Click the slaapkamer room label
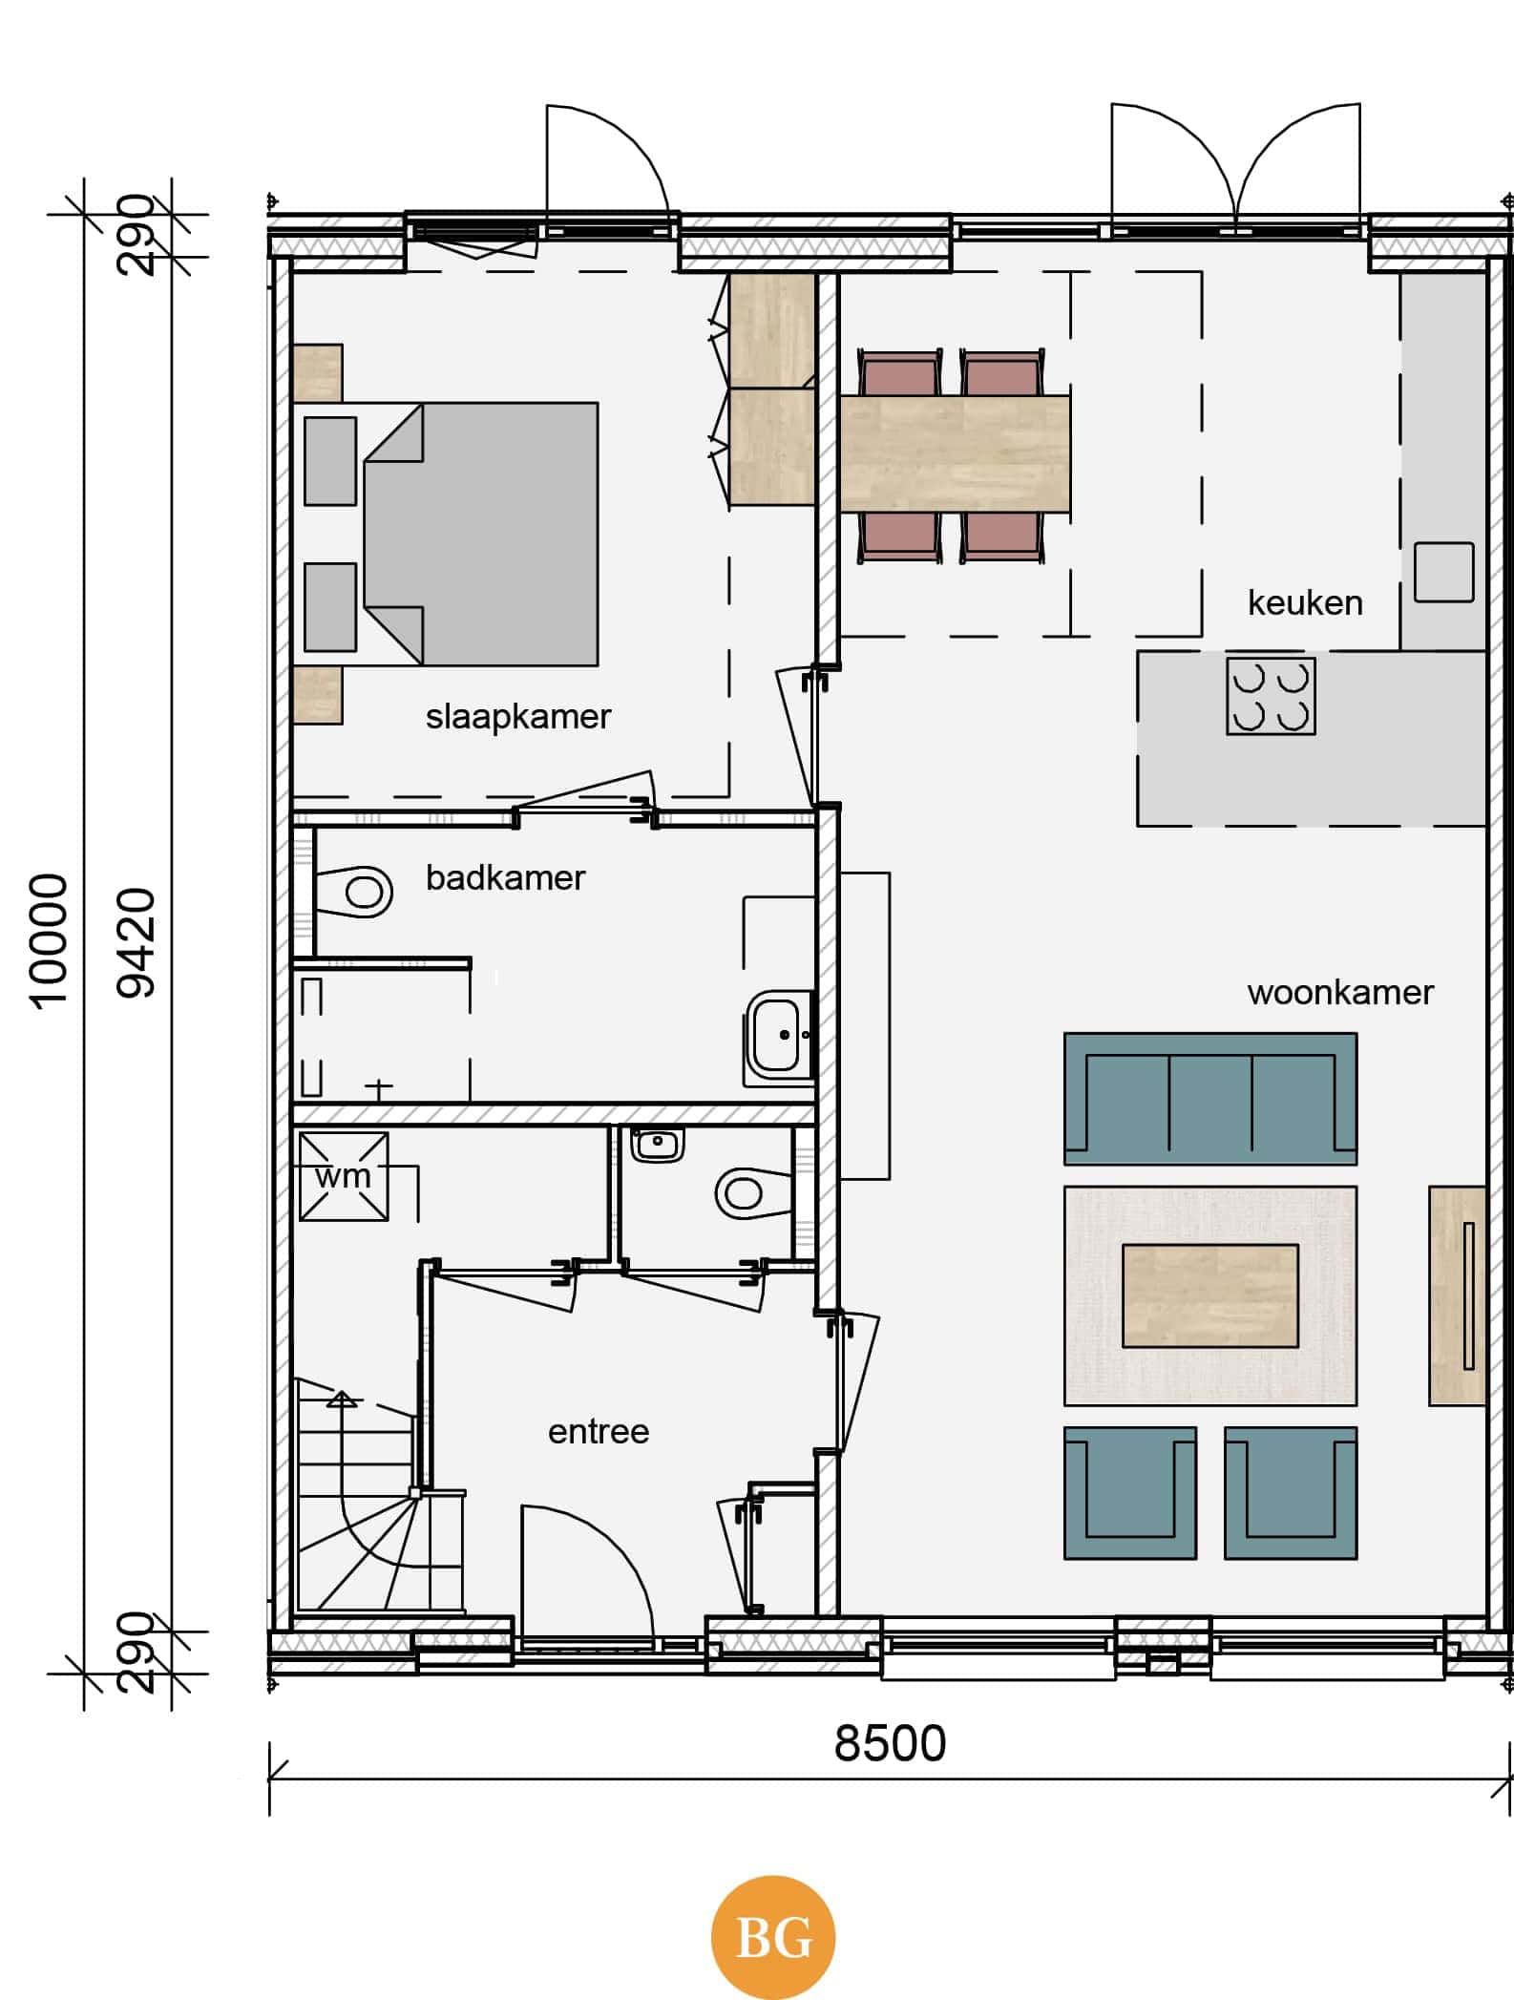(x=517, y=717)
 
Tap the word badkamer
(x=505, y=877)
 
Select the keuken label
(x=1305, y=602)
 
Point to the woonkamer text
(x=1340, y=993)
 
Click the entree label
(x=599, y=1432)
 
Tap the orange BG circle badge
(x=773, y=1938)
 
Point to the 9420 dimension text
(x=136, y=943)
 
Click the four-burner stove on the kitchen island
(x=1271, y=696)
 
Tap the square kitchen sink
(x=1443, y=572)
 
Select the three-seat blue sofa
(x=1210, y=1099)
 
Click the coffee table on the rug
(x=1210, y=1295)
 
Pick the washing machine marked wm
(x=344, y=1176)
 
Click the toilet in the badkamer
(x=353, y=893)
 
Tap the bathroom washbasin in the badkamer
(x=779, y=1035)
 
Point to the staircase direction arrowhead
(x=342, y=1400)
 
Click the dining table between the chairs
(x=955, y=454)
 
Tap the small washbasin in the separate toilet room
(x=657, y=1144)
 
